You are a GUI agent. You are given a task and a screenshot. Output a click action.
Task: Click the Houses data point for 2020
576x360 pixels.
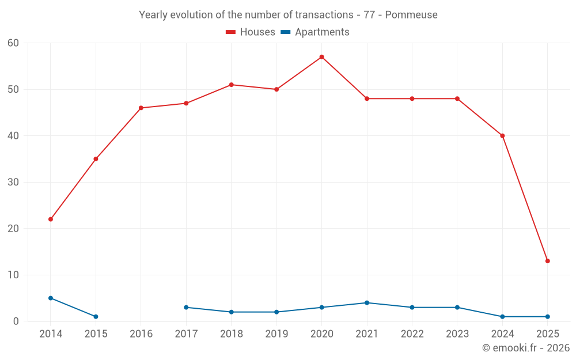point(321,57)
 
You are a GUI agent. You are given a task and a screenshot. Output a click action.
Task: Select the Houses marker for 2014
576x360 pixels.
point(51,219)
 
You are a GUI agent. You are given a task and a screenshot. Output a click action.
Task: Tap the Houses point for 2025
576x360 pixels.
point(547,261)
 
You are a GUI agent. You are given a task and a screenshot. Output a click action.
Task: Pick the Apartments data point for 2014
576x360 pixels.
point(51,298)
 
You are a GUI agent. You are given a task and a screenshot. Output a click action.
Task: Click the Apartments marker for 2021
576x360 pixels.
point(367,303)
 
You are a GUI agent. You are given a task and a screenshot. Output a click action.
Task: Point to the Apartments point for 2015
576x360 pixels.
point(96,317)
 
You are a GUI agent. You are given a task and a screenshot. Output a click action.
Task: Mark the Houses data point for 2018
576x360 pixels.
point(231,85)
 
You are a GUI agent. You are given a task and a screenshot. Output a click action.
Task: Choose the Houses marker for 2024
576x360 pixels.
point(502,136)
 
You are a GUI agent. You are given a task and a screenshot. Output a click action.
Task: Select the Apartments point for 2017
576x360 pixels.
point(186,308)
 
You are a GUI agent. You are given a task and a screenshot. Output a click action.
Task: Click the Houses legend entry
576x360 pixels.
point(251,32)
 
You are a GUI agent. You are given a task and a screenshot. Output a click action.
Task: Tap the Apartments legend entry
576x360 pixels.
point(315,32)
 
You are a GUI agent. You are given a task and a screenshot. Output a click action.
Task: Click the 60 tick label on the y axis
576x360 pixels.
point(13,43)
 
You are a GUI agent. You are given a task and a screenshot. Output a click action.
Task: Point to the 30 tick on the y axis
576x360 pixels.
point(13,183)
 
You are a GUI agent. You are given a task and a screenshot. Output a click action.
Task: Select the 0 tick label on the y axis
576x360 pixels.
point(16,321)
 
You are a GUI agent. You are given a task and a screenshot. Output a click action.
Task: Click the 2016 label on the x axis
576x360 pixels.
point(141,334)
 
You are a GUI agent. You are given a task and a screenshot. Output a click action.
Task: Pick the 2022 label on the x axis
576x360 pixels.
point(412,334)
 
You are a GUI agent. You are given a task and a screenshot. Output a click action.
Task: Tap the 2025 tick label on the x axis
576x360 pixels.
point(547,334)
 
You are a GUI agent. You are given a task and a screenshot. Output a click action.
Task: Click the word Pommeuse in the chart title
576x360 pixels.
point(411,15)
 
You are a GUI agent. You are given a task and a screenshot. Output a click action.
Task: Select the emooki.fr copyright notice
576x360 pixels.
point(525,348)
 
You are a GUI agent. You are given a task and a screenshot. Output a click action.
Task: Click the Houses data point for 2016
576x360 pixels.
point(141,108)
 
